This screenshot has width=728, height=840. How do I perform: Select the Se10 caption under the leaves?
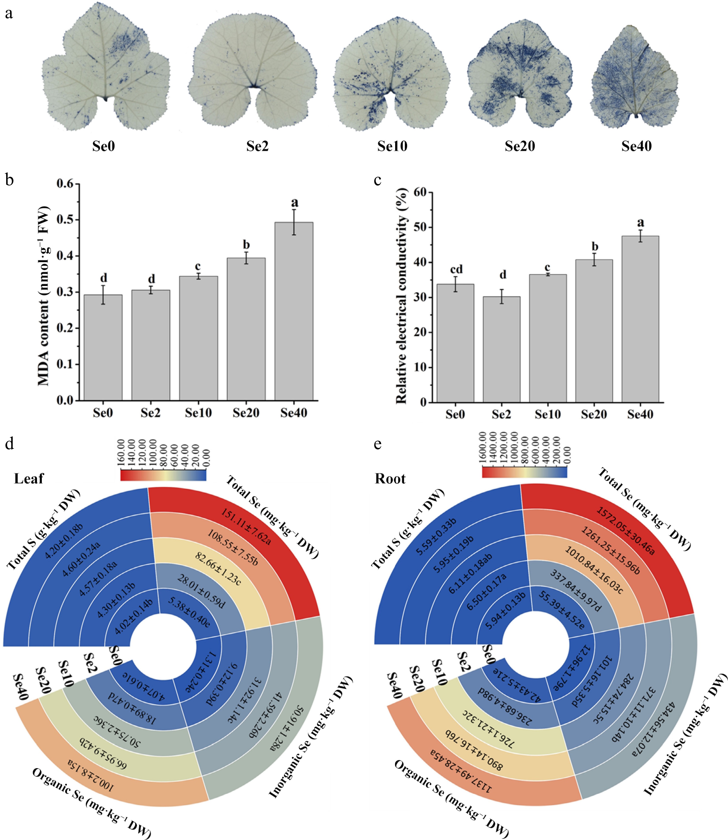tap(392, 146)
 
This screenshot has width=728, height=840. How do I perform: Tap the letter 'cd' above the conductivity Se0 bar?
tap(456, 270)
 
